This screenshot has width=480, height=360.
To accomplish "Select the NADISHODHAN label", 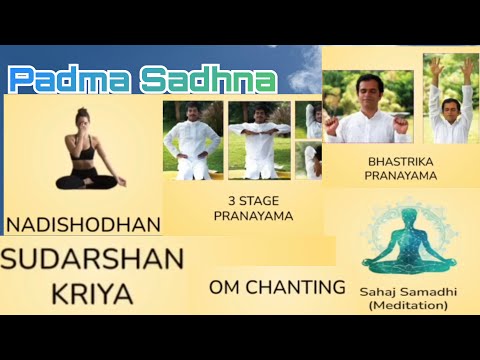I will [x=83, y=221].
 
